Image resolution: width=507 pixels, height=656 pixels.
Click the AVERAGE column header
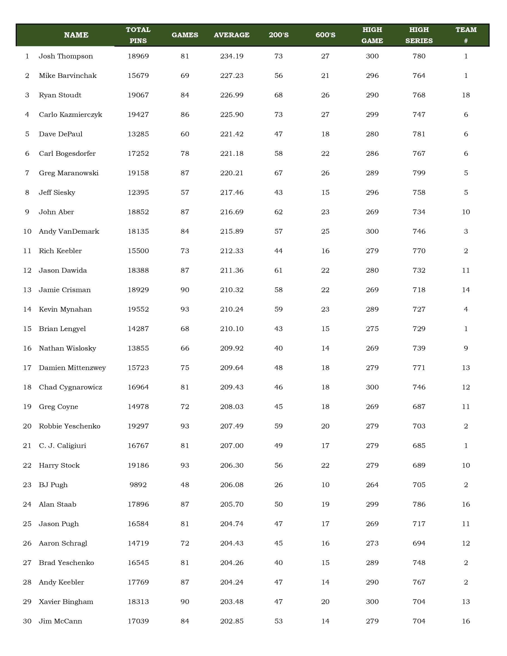coord(232,35)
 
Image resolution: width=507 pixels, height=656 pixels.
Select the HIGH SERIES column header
coord(419,35)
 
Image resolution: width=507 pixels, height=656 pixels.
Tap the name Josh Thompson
coord(66,56)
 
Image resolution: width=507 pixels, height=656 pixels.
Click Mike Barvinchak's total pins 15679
coord(138,76)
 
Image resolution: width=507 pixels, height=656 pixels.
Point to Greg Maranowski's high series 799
coord(419,173)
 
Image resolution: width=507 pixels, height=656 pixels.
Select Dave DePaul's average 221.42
coord(232,134)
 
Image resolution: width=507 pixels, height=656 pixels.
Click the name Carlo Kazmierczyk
coord(70,114)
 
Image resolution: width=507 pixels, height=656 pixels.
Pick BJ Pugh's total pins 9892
coord(138,485)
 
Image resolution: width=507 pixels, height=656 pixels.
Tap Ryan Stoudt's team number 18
coord(466,95)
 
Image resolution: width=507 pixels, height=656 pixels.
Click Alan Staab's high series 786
coord(419,504)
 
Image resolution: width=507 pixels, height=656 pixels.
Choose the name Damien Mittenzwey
coord(72,368)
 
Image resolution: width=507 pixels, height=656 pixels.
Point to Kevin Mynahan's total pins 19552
coord(138,309)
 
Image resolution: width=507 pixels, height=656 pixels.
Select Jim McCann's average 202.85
coord(232,621)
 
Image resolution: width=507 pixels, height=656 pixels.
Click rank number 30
coord(27,621)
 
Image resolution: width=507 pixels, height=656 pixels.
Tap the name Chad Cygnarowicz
coord(70,387)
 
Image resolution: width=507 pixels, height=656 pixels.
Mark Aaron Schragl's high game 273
coord(372,543)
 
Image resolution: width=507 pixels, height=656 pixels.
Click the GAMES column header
coord(185,35)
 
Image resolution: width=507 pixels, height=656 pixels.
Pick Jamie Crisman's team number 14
coord(466,290)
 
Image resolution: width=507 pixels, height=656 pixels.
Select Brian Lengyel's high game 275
coord(372,329)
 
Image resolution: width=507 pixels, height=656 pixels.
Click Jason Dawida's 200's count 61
coord(279,270)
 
